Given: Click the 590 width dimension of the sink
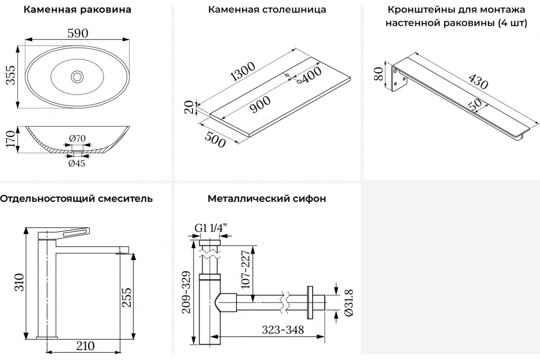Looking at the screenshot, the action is [77, 33].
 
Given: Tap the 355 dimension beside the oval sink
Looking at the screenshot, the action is [11, 75].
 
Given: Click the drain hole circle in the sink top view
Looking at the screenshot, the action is [77, 76].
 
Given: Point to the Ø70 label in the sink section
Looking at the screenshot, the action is [77, 139].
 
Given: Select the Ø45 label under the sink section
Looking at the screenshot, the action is [76, 163].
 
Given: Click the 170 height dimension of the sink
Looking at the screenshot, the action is [11, 139].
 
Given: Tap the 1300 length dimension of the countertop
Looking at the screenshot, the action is [243, 72].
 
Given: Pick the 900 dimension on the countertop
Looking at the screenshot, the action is [260, 104].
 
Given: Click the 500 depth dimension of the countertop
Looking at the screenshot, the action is [215, 140].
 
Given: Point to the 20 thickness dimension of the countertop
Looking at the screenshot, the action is [189, 107].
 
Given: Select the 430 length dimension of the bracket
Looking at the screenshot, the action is [478, 81].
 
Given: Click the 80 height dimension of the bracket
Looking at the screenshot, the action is [378, 74].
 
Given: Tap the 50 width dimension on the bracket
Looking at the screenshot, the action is [475, 105].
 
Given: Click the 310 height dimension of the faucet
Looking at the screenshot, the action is [19, 282].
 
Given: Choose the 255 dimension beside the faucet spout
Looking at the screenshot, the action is [126, 297].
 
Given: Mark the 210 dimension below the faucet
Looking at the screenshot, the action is [85, 346].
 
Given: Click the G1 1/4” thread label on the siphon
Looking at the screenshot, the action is [211, 228].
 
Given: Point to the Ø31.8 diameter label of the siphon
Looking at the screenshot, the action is [349, 302].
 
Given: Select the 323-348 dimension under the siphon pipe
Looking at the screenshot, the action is [283, 330].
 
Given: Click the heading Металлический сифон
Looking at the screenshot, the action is [267, 199].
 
